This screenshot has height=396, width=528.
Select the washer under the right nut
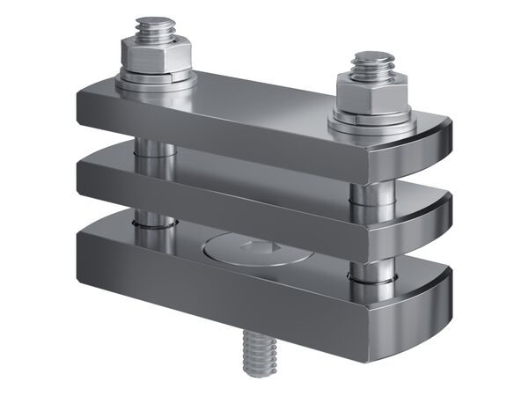click(372, 119)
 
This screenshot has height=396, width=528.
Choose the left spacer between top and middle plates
click(154, 155)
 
